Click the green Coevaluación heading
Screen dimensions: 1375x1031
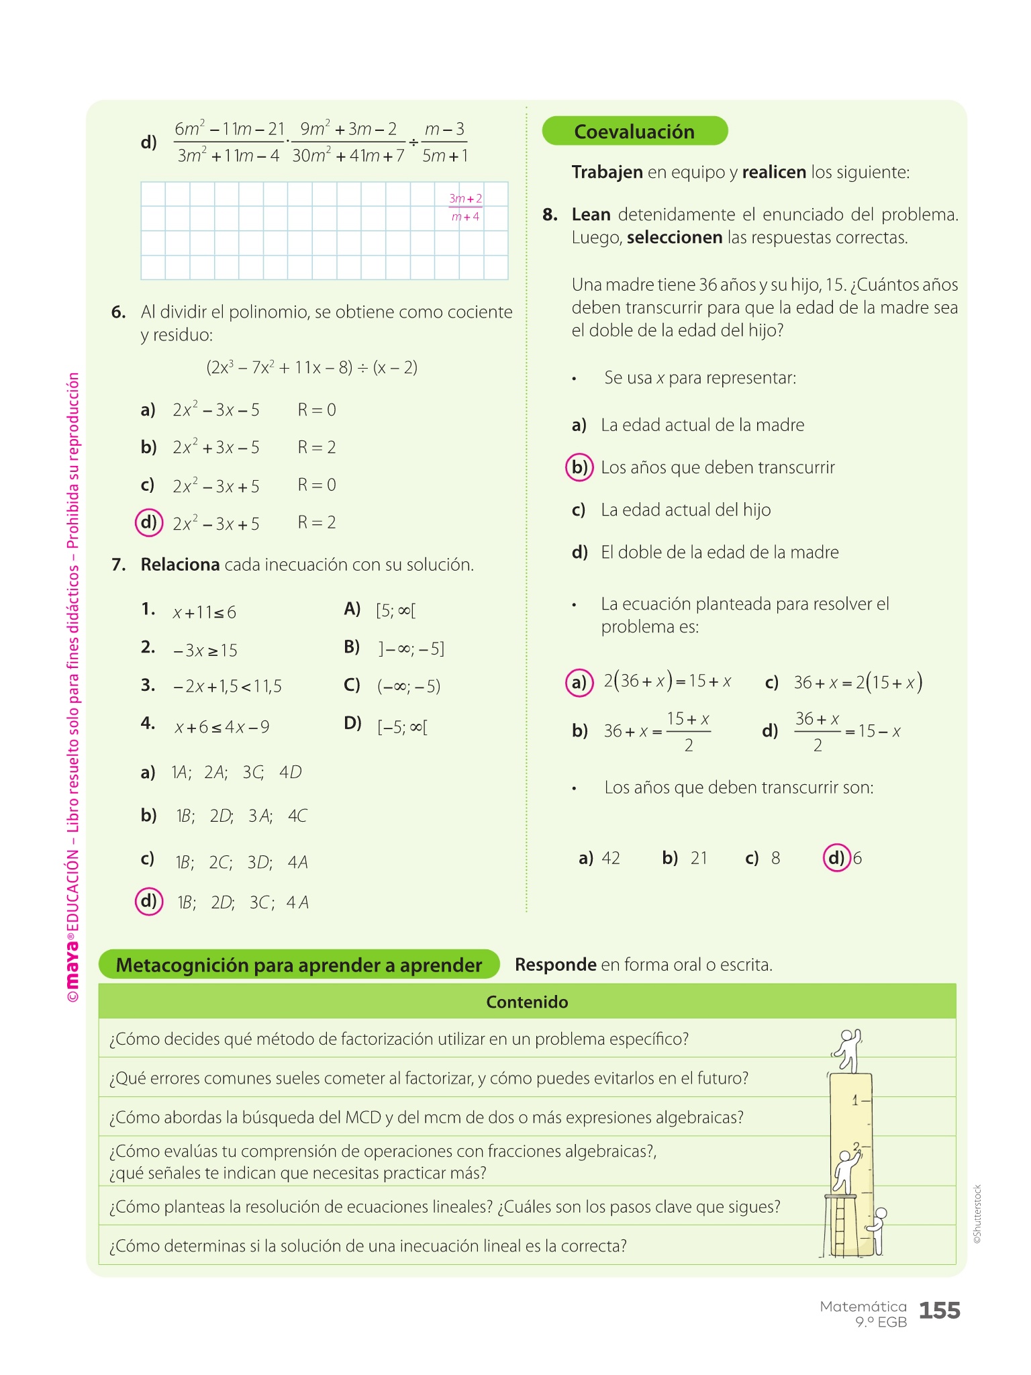click(634, 131)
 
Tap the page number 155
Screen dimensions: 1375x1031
click(939, 1310)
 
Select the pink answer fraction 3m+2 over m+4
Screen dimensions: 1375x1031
click(465, 207)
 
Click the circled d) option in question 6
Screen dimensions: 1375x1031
click(149, 522)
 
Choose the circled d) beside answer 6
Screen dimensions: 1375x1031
click(836, 858)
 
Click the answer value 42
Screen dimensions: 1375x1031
click(611, 858)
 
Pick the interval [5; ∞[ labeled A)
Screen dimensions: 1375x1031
click(395, 610)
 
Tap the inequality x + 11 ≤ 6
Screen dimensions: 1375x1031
click(204, 612)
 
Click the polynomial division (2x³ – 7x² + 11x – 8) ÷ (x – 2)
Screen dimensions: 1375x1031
click(311, 367)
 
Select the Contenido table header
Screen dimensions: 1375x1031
click(527, 1002)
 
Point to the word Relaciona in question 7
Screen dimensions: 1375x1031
click(180, 565)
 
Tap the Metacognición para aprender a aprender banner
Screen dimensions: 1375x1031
click(299, 965)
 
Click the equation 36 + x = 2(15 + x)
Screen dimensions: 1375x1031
click(858, 683)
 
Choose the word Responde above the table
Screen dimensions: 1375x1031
click(555, 965)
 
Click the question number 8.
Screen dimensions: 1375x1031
click(550, 215)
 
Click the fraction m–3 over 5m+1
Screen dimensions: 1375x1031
click(444, 142)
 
